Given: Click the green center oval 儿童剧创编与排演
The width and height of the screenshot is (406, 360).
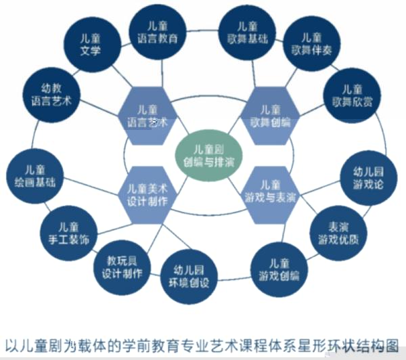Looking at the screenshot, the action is click(x=208, y=156).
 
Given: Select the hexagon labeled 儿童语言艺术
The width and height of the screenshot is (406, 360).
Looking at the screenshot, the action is click(x=148, y=116).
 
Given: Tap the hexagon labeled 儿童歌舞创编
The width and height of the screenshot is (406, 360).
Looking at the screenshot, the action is click(x=270, y=116).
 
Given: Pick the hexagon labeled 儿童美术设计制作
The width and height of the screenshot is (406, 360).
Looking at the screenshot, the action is click(x=148, y=195).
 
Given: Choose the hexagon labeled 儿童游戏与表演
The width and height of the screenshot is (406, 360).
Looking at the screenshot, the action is click(x=270, y=195).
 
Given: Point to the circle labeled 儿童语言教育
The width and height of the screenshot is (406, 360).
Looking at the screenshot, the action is click(x=158, y=32).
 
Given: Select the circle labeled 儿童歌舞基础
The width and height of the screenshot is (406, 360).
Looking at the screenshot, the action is click(x=248, y=32).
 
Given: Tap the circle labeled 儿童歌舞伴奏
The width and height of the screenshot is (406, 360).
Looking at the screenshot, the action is click(x=312, y=44).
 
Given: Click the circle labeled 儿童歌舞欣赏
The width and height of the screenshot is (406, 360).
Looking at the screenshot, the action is click(x=353, y=96).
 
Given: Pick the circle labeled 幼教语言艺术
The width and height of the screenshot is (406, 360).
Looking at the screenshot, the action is click(x=51, y=95).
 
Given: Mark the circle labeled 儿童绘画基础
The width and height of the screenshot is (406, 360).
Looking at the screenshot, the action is click(x=35, y=177).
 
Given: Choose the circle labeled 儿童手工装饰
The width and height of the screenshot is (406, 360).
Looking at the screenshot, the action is click(x=69, y=233).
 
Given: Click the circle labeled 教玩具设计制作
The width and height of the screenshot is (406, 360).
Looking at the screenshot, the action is click(x=122, y=267).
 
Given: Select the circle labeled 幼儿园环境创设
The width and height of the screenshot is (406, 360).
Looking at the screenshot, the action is click(x=189, y=276).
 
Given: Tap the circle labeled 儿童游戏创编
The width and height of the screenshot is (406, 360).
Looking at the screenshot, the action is click(x=279, y=270).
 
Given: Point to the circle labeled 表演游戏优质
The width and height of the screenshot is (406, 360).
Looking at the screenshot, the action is click(x=338, y=233).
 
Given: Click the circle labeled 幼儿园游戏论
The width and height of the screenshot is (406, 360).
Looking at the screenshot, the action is click(x=369, y=178).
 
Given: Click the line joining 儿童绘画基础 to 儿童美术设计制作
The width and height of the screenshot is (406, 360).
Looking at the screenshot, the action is click(x=91, y=187).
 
